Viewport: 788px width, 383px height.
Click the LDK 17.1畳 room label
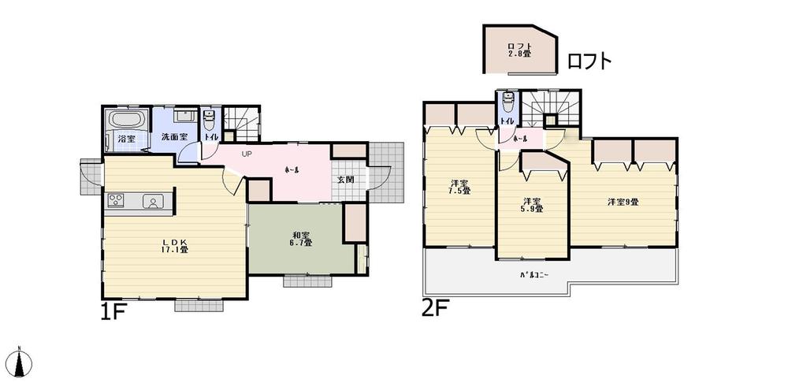[175, 245]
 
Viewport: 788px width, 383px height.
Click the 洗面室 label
[174, 137]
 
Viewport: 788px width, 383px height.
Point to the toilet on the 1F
[210, 121]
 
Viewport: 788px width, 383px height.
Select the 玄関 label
[346, 180]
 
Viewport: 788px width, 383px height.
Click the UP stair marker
[247, 154]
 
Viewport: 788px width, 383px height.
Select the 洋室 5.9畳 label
[531, 205]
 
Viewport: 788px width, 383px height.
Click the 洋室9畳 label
[623, 202]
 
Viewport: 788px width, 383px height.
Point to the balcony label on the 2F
[533, 274]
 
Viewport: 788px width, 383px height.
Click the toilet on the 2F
[507, 103]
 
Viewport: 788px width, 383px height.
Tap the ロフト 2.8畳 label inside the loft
[519, 50]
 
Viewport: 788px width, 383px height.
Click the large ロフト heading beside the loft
[589, 61]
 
